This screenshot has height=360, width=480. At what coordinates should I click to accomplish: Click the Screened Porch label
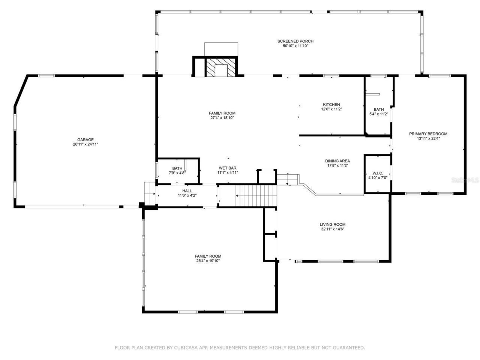tap(295, 41)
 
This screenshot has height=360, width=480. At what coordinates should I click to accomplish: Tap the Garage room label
tap(85, 140)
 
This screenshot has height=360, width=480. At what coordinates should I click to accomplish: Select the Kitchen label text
tap(331, 105)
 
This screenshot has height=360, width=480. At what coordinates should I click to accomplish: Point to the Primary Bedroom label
tap(428, 134)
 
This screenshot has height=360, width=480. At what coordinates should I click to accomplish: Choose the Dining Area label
tap(337, 161)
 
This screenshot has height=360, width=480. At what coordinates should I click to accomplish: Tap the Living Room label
tap(330, 225)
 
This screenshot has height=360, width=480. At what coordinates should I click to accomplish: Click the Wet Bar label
tap(228, 168)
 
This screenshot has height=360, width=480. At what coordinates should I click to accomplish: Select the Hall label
tap(187, 191)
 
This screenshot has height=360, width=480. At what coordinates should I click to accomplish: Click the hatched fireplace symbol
tap(221, 67)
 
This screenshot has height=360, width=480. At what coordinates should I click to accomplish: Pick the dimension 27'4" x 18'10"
tap(222, 118)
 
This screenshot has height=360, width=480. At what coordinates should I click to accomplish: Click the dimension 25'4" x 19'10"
tap(208, 261)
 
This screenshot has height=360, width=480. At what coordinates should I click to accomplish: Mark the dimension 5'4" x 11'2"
tap(378, 114)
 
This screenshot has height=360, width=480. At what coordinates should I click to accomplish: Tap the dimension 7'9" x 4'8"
tap(177, 173)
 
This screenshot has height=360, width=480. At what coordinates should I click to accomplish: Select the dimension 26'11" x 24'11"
tap(85, 144)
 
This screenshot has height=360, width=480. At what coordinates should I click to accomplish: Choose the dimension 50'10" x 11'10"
tap(295, 46)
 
